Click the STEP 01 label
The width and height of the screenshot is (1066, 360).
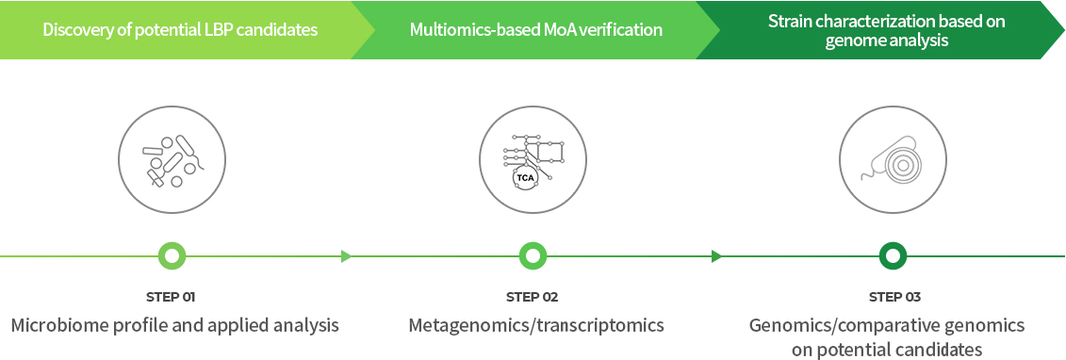171,297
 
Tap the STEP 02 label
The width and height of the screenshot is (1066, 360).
532,297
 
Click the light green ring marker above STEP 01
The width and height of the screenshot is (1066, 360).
172,256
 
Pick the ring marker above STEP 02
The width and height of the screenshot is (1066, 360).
533,256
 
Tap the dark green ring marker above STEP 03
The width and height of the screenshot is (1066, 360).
894,256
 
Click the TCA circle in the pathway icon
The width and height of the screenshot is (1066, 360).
525,179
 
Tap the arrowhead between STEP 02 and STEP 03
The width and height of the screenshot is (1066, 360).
716,256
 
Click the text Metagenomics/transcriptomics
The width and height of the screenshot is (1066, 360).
536,325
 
